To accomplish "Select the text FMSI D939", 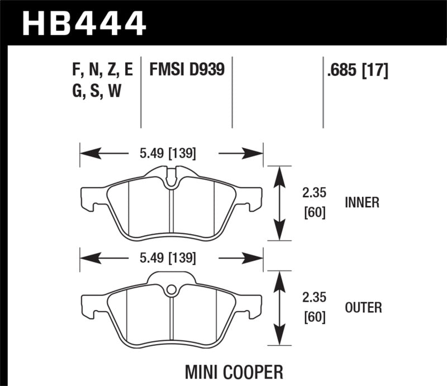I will click(x=186, y=70).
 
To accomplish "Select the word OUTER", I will click(x=363, y=307).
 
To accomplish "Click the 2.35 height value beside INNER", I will click(x=313, y=193).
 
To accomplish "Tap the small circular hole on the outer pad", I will click(x=172, y=289).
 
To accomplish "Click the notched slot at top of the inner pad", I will click(x=172, y=175).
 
